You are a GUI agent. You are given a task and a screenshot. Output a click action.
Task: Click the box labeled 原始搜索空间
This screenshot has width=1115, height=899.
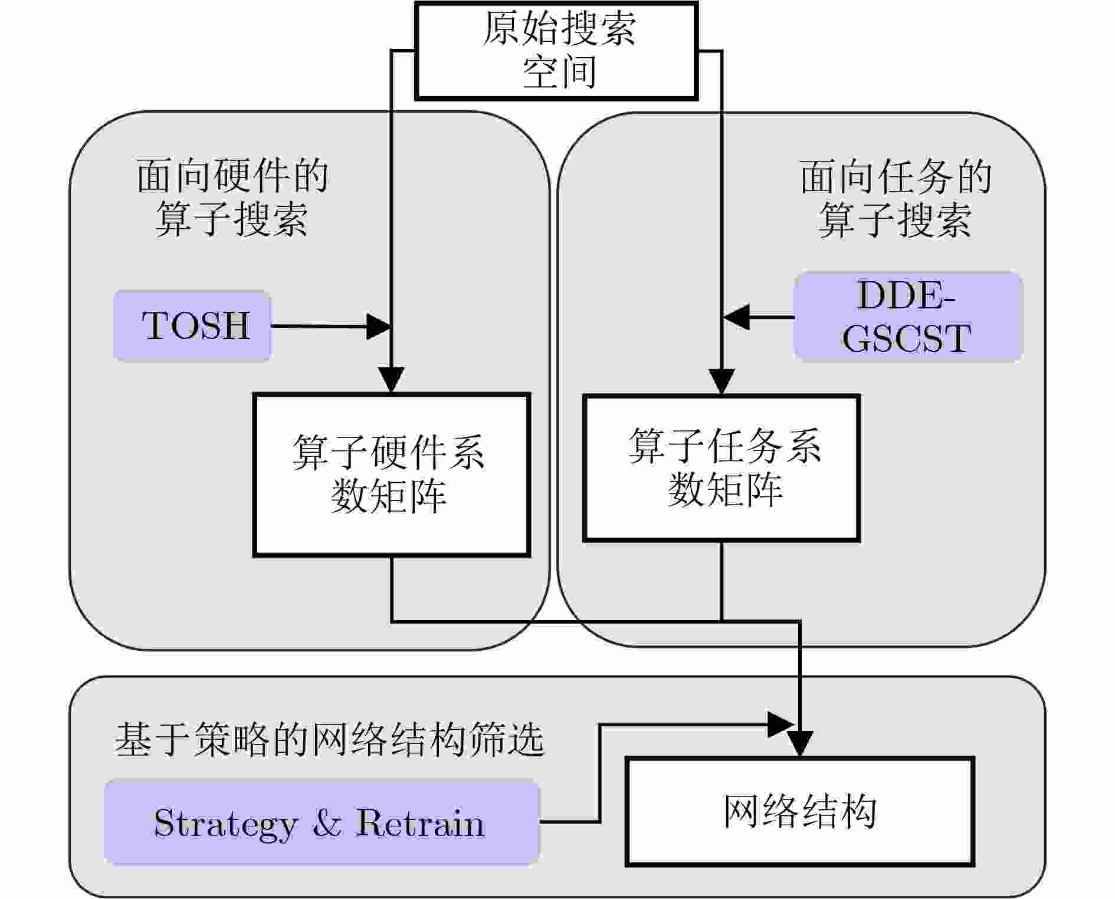tap(557, 51)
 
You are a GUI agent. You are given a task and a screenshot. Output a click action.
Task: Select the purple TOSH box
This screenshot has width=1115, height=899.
tap(192, 325)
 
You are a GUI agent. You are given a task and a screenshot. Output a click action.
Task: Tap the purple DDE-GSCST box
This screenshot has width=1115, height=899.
tap(907, 317)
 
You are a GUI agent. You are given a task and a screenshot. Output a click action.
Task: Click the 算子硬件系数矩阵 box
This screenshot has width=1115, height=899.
tap(391, 475)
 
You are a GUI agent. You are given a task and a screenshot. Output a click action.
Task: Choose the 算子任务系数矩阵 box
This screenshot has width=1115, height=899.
tap(721, 468)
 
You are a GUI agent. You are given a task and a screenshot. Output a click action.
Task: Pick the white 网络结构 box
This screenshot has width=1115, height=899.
tap(799, 812)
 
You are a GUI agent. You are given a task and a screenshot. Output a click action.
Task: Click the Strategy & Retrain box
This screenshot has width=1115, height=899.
tap(321, 822)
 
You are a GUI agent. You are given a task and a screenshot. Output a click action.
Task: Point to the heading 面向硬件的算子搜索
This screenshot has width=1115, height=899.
tap(232, 197)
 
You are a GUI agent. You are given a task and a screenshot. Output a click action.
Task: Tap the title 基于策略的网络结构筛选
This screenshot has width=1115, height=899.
tap(329, 740)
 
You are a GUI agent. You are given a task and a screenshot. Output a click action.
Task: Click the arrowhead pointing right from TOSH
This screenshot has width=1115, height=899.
tap(379, 326)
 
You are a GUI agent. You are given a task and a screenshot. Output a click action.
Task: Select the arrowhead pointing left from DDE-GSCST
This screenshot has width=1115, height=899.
tap(736, 317)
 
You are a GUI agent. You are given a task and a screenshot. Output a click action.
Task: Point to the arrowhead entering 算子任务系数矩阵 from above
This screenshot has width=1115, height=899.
tap(721, 381)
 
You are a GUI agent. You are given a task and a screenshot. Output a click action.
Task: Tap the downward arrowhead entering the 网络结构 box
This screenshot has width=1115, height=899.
tap(800, 743)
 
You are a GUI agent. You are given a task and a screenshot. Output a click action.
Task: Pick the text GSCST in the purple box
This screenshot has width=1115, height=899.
tap(906, 338)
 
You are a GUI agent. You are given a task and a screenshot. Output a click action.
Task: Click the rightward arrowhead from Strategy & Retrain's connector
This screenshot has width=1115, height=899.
tap(780, 724)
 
